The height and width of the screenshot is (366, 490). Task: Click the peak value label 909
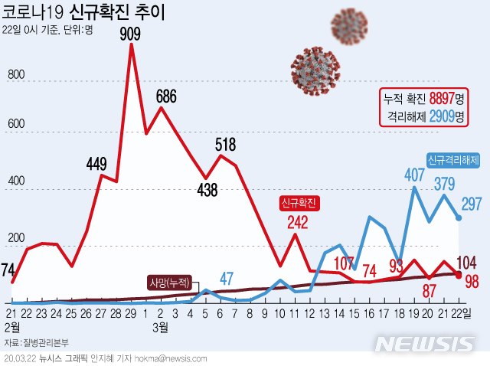(x=131, y=34)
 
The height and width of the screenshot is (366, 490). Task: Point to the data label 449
(x=96, y=163)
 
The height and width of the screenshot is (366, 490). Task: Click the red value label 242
(x=298, y=223)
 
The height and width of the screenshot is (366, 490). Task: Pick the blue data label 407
(x=414, y=174)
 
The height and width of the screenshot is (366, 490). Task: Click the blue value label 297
(x=472, y=203)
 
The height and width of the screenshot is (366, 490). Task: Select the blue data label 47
(x=227, y=278)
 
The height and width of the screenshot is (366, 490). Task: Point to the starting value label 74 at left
(x=8, y=270)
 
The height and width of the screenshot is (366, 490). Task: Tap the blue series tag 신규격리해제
(x=454, y=161)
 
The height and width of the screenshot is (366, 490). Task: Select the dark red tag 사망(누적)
(x=170, y=281)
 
